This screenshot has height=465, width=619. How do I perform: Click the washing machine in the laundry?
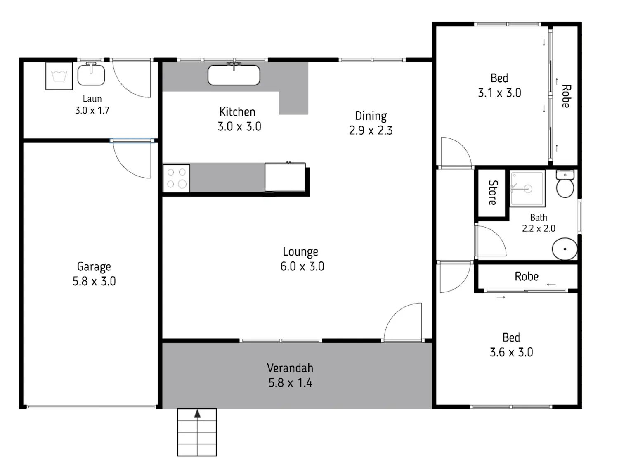coord(59,76)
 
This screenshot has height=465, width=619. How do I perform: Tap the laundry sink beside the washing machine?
coord(91,74)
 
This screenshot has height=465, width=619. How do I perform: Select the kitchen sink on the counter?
coord(234,75)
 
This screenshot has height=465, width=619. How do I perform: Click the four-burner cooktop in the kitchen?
coord(176,178)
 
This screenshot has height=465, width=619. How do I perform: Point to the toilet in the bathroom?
coord(565,184)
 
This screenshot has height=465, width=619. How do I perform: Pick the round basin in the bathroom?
coord(565,249)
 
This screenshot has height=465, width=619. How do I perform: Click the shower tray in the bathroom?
coord(527,188)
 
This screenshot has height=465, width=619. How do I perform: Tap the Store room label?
coord(492,192)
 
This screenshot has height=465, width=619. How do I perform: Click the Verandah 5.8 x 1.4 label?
coord(290,375)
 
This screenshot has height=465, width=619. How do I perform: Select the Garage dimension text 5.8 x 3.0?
coord(94,281)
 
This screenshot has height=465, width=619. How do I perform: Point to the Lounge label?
coord(300,251)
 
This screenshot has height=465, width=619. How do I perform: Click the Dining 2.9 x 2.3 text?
coord(371,123)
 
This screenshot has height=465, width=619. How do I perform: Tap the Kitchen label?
coord(237,112)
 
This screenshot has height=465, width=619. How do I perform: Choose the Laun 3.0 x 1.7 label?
coord(92,104)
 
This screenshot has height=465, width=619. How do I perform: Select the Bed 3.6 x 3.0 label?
coord(511,345)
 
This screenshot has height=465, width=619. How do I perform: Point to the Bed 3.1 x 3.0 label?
coord(499,85)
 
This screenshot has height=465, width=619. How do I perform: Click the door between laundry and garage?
coord(132,159)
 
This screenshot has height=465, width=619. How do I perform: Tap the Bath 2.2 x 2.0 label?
coord(539,223)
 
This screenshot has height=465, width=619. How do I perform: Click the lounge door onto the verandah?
coord(403,322)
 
